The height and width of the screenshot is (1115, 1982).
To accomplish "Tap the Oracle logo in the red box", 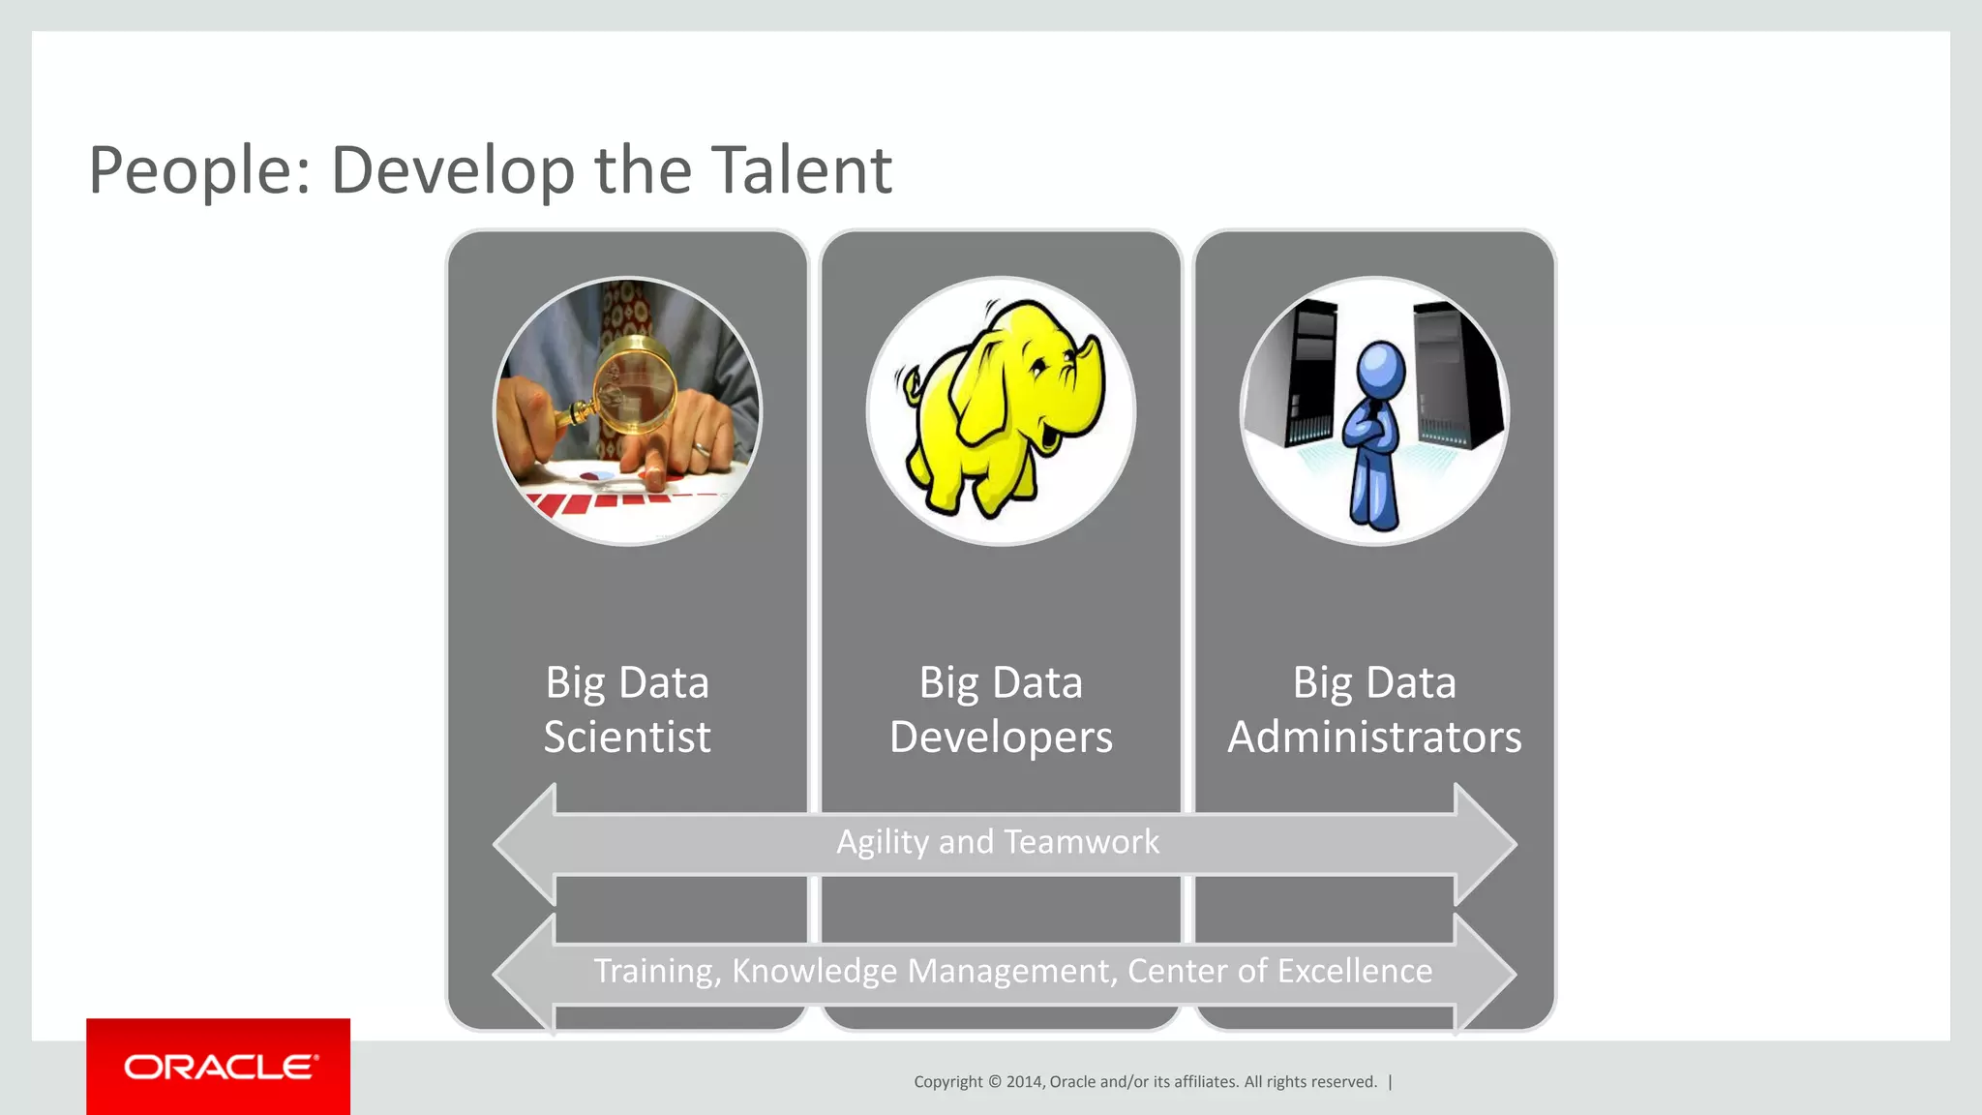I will point(220,1067).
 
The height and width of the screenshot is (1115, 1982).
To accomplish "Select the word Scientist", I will point(627,738).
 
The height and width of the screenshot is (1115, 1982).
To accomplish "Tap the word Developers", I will point(1001,738).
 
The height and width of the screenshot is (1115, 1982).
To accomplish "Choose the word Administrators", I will point(1374,738).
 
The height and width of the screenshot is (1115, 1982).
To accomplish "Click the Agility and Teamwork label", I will point(998,842).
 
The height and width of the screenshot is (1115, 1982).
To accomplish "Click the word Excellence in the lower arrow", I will point(1355,971).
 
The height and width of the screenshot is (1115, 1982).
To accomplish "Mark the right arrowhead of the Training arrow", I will point(1486,974).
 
